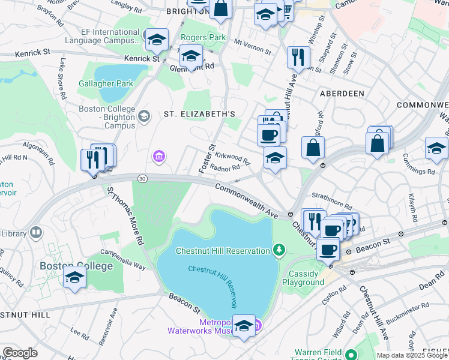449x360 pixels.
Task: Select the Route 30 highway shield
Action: [x=142, y=178]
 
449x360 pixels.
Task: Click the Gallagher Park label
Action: [x=106, y=84]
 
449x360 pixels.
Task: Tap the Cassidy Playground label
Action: [x=306, y=278]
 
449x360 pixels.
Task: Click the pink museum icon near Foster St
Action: [x=158, y=157]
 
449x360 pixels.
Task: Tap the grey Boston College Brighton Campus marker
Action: [x=143, y=116]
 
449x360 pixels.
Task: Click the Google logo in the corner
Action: [x=20, y=353]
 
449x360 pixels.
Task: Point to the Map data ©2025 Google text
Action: [x=412, y=355]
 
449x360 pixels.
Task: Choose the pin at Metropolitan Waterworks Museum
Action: [x=244, y=326]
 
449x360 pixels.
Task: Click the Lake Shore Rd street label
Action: [x=62, y=78]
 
